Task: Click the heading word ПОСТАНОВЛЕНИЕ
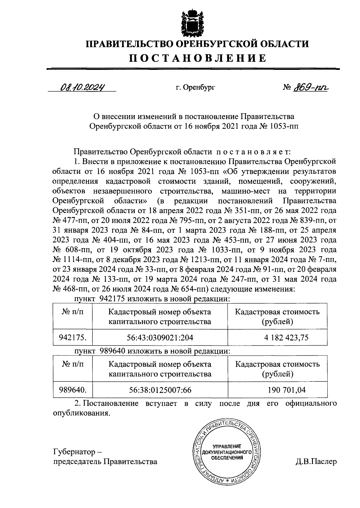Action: coord(197,58)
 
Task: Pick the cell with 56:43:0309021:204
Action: coord(160,338)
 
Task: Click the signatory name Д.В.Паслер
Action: coord(316,462)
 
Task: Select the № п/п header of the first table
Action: coord(73,312)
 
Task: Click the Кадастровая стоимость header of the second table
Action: coord(277,364)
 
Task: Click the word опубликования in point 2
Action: coord(80,413)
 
